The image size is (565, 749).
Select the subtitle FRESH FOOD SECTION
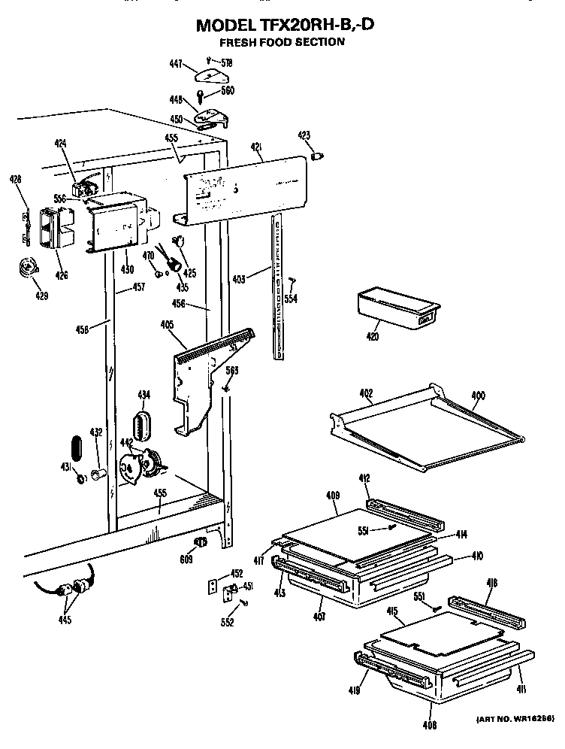point(282,42)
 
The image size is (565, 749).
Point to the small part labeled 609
point(199,544)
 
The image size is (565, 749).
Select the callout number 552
point(227,621)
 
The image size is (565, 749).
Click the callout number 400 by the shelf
point(478,395)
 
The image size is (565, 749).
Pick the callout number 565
point(232,369)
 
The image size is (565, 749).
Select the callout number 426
point(62,275)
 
